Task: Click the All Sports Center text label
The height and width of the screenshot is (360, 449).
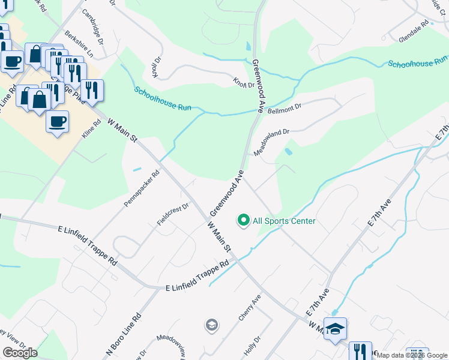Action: (284, 221)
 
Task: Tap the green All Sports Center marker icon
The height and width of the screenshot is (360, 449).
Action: (244, 221)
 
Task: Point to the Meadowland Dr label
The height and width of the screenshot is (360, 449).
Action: (271, 142)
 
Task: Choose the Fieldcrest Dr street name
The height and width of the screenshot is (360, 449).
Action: (173, 214)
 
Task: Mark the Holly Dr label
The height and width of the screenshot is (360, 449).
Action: (250, 345)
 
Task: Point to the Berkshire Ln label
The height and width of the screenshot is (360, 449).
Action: (80, 44)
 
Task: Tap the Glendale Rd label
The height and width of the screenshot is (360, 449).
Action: (414, 33)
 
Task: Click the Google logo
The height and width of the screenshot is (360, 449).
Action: (20, 353)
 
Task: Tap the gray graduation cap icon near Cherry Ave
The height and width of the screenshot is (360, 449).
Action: (211, 325)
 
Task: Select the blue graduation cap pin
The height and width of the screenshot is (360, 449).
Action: (336, 329)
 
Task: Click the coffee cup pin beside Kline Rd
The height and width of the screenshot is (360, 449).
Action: (57, 121)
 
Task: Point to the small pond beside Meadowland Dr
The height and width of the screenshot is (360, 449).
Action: (288, 152)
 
